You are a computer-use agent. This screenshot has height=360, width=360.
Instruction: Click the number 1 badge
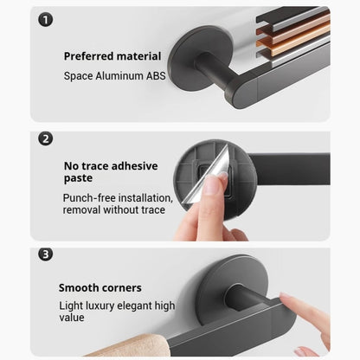46,20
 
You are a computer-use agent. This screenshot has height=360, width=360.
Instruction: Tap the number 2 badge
46,138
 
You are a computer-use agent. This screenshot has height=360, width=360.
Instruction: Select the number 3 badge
46,254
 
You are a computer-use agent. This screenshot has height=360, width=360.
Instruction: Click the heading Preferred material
112,56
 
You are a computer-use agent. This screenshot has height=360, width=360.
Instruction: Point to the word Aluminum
119,76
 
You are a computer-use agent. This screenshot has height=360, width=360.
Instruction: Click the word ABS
156,76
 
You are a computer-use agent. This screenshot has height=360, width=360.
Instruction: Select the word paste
78,178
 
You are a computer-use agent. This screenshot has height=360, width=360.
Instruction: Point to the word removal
81,209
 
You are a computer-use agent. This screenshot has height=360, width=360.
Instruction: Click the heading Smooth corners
100,288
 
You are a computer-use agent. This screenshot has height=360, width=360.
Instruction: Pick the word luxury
100,305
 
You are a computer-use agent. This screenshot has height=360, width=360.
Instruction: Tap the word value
72,318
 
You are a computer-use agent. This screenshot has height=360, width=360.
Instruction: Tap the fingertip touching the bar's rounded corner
286,297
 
